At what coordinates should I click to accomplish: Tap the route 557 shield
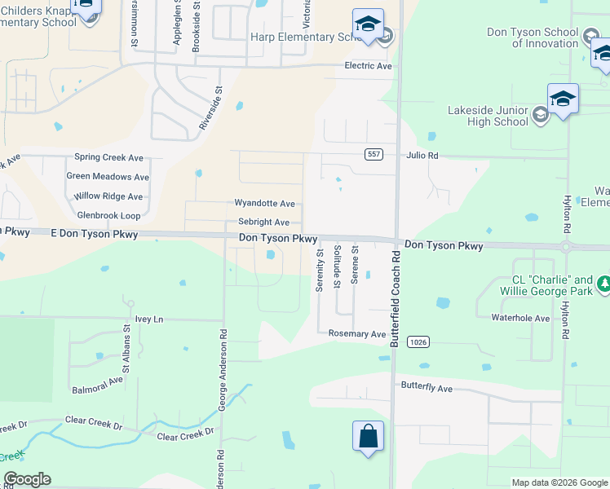[373, 155]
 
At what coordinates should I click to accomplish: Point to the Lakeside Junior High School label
[488, 116]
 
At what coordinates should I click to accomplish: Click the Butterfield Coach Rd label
[395, 299]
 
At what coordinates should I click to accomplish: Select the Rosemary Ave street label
[356, 334]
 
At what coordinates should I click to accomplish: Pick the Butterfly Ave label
[426, 389]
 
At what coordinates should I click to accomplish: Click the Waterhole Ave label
[520, 318]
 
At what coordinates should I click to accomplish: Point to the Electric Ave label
[368, 65]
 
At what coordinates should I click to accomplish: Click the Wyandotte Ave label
[264, 203]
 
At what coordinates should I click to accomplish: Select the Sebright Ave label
[263, 222]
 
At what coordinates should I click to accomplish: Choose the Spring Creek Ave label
[108, 157]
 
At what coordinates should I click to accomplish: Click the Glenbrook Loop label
[108, 215]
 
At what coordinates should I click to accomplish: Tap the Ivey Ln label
[149, 319]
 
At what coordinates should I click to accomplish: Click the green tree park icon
[603, 284]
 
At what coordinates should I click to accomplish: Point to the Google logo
[27, 479]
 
